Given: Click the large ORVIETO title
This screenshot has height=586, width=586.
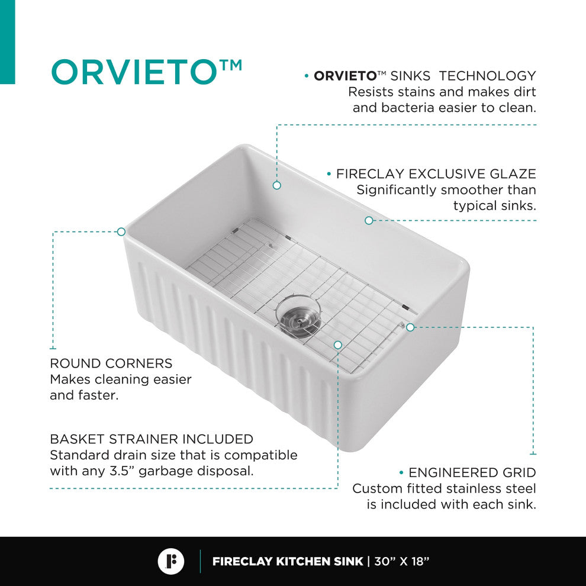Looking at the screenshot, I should [134, 72].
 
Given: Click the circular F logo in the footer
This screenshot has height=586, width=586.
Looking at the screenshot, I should [171, 561].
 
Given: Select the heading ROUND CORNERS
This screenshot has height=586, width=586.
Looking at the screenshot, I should [111, 363].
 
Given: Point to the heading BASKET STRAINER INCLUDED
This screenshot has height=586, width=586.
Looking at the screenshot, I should [152, 439].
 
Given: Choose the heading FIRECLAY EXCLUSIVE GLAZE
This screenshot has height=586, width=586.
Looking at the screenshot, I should [436, 174].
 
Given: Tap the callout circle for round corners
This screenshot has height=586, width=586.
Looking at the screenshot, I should [121, 231].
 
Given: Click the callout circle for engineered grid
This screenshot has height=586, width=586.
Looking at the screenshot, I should [410, 327].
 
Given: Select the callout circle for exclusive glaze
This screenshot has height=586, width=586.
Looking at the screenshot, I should [369, 220].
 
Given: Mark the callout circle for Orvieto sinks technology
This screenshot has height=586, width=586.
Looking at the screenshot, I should [276, 185].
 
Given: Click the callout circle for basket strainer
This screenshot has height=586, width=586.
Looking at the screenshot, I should [337, 344].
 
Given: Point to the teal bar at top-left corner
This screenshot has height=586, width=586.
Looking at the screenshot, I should [7, 41].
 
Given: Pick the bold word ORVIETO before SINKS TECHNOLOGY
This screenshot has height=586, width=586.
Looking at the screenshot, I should [345, 76].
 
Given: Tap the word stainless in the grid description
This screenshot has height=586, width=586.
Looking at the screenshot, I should [468, 489].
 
